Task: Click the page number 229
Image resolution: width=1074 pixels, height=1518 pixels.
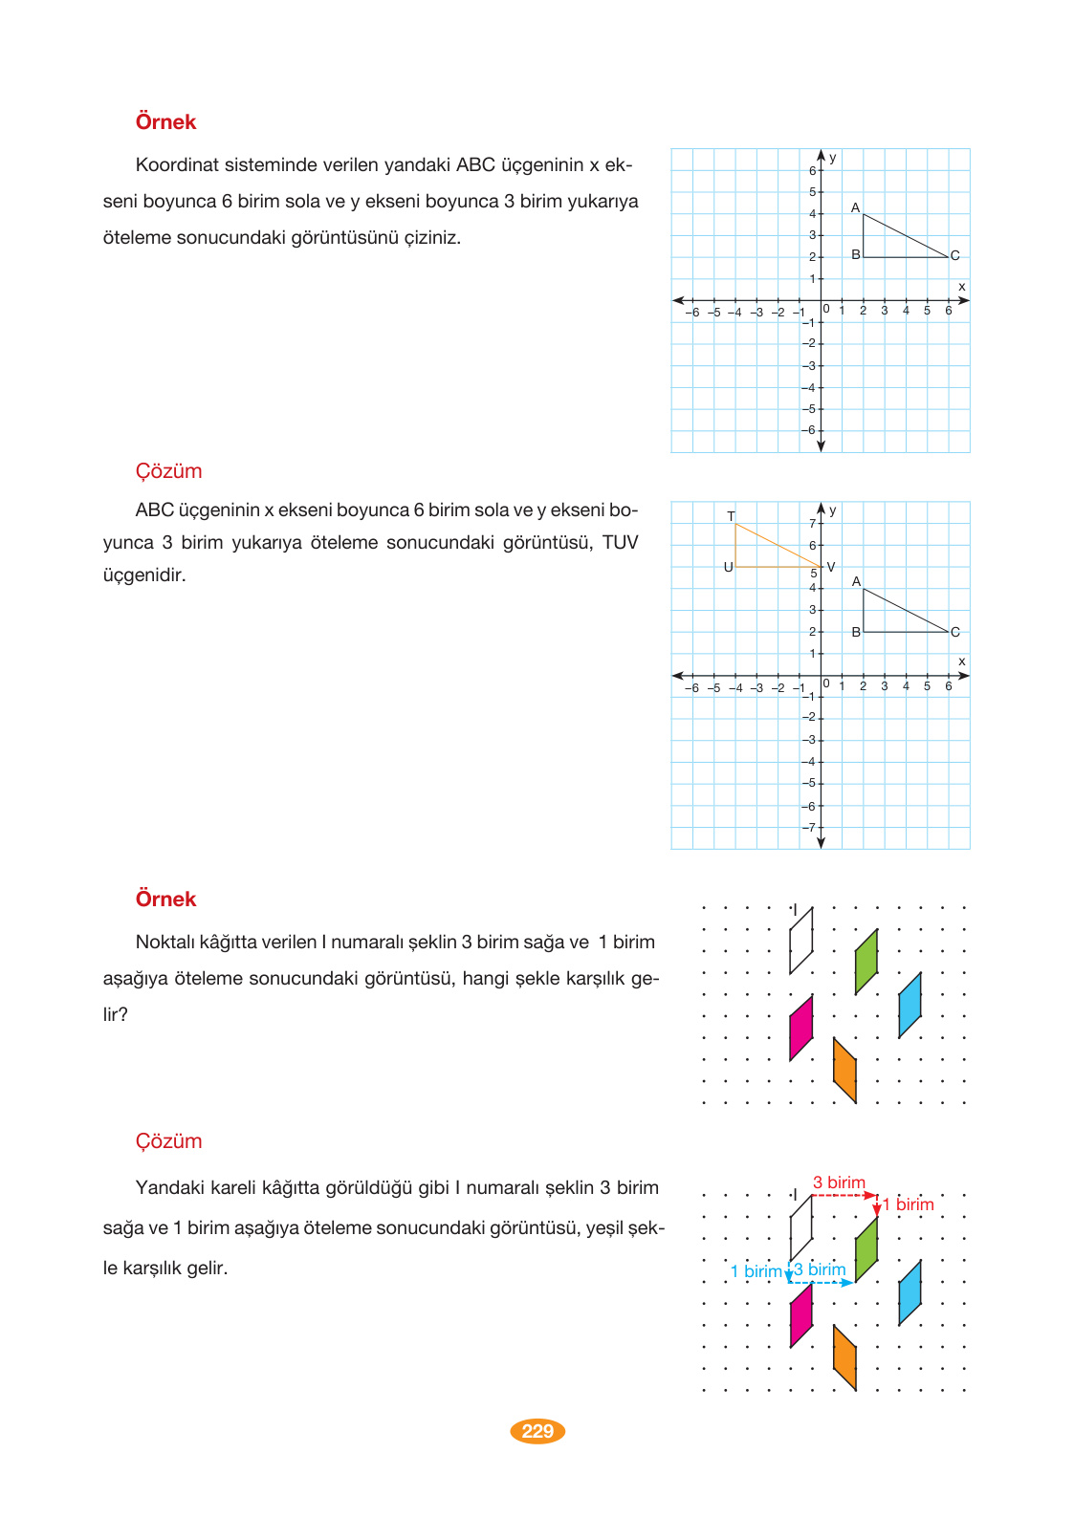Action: coord(537,1431)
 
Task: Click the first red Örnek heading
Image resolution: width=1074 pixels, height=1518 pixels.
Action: coord(165,121)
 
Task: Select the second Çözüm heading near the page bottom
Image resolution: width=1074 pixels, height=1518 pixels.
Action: coord(168,1140)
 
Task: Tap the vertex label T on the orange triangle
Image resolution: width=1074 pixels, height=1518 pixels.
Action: coord(731,516)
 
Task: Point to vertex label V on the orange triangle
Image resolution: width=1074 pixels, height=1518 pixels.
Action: coord(831,567)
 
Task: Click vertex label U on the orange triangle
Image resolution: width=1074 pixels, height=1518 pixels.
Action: coord(728,567)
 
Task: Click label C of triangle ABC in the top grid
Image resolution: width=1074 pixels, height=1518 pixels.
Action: coord(954,255)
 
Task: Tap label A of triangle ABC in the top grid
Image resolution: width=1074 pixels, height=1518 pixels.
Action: coord(855,207)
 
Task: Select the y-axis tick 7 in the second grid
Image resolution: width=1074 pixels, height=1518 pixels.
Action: coord(812,523)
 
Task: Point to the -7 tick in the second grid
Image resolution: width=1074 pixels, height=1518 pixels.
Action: coord(809,828)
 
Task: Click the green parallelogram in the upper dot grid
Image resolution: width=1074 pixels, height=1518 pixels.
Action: coord(866,961)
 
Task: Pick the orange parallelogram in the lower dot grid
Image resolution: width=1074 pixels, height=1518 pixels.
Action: coord(844,1356)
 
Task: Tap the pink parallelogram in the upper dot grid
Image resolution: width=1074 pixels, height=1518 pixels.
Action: coord(800,1028)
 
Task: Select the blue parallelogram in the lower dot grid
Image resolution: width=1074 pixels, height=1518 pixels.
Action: coord(910,1292)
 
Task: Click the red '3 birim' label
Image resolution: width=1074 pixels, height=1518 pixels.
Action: coord(839,1182)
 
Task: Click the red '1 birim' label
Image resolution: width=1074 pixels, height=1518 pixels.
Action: coord(908,1204)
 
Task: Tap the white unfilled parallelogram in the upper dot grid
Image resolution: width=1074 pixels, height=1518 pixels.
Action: coord(800,940)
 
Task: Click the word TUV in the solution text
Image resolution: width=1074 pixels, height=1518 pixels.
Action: coord(620,542)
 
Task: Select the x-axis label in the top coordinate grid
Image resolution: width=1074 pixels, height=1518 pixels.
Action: coord(961,287)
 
